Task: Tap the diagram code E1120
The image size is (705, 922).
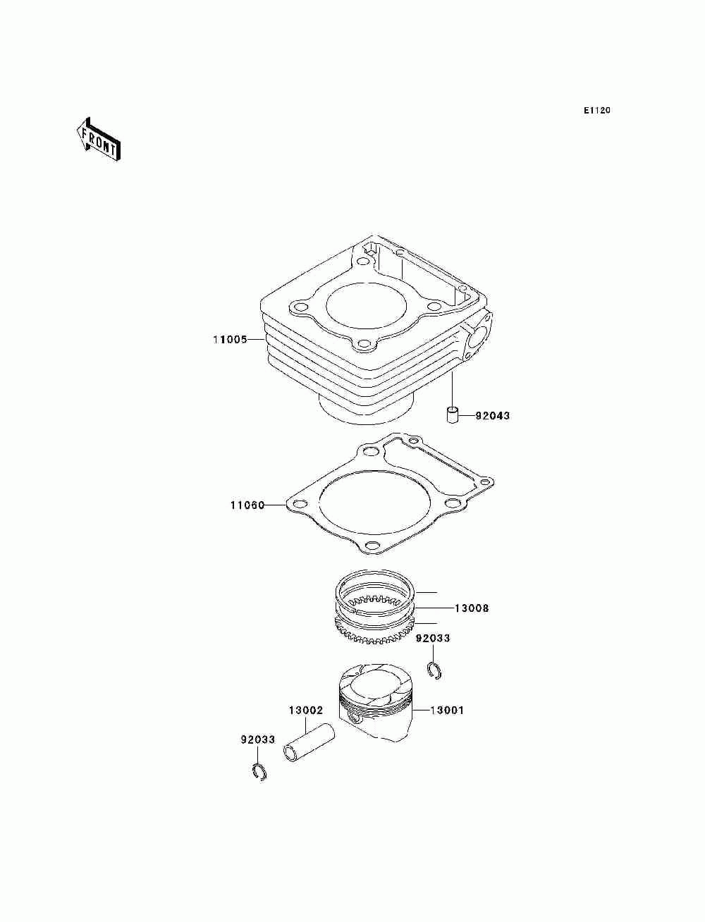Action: [596, 111]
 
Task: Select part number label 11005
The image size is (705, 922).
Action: [230, 340]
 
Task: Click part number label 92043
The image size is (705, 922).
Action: [492, 416]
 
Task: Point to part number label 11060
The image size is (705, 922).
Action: [247, 505]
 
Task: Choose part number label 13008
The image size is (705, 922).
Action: [471, 608]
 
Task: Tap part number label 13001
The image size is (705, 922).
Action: [447, 711]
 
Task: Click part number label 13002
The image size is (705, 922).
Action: [305, 711]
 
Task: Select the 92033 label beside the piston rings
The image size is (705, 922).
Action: [432, 639]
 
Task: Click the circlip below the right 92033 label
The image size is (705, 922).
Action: [435, 670]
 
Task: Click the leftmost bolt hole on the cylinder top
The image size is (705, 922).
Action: [300, 307]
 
